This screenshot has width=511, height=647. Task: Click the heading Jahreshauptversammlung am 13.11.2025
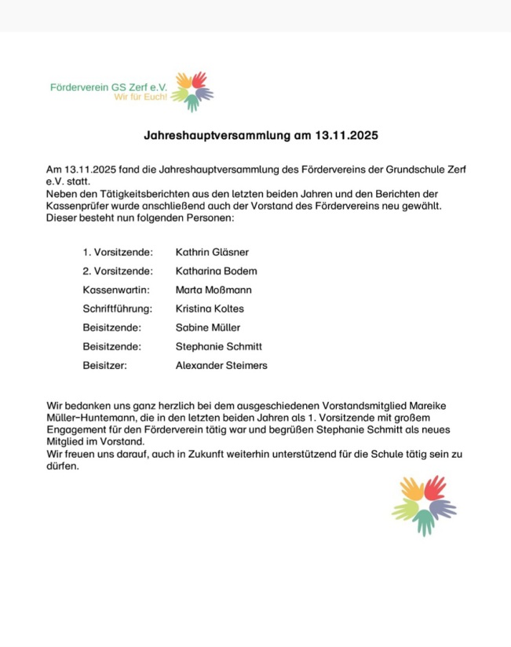261,135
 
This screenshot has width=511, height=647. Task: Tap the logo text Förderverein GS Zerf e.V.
114,86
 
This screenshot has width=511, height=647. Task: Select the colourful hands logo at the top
192,91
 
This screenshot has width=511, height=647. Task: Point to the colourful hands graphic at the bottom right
424,505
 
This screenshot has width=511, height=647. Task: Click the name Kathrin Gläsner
212,252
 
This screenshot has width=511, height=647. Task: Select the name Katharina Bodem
216,271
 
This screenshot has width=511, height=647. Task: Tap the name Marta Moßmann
214,290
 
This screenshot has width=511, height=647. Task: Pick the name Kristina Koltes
210,309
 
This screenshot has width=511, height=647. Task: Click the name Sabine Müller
208,327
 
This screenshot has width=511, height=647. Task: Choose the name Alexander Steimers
221,365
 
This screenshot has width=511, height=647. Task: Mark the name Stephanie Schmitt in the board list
218,346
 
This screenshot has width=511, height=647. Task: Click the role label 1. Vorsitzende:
118,252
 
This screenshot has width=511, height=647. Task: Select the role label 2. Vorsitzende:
118,271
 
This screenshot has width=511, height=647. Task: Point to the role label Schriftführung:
118,309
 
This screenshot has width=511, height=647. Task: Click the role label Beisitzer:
104,365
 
